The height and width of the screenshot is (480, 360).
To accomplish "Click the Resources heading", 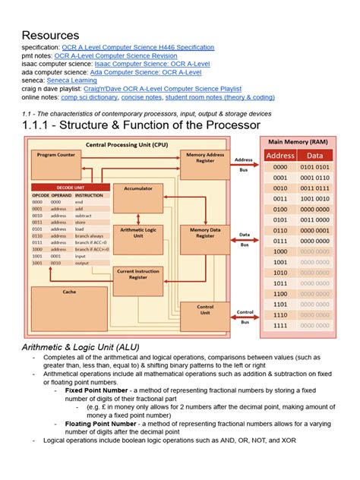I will click(x=50, y=35).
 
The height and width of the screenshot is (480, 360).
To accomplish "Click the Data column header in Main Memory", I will click(x=314, y=156).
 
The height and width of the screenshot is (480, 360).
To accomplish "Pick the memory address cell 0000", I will click(x=280, y=167).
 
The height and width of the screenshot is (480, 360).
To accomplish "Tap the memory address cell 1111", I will click(x=280, y=326).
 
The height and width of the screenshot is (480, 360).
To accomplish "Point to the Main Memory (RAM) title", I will click(x=297, y=141).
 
